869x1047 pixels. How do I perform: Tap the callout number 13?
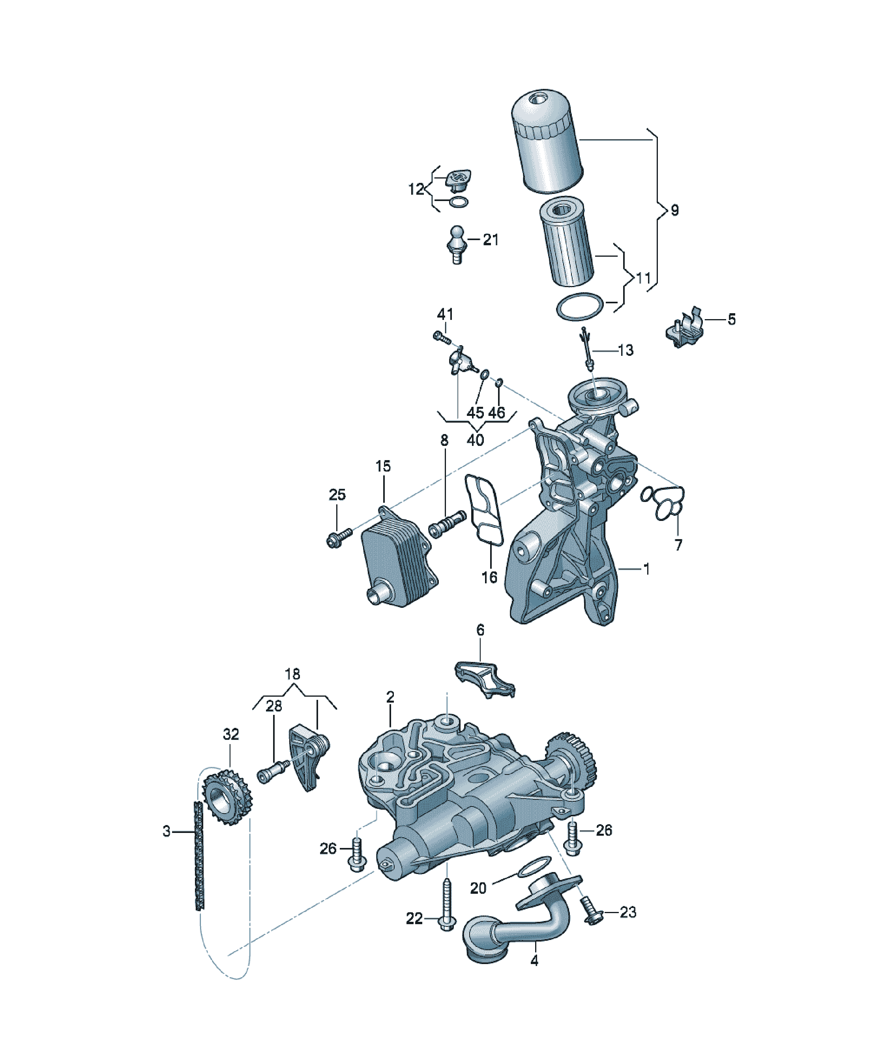point(626,350)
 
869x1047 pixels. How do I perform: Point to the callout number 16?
point(489,577)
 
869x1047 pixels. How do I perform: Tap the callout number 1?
point(646,568)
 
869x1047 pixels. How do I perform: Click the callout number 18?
point(292,674)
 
